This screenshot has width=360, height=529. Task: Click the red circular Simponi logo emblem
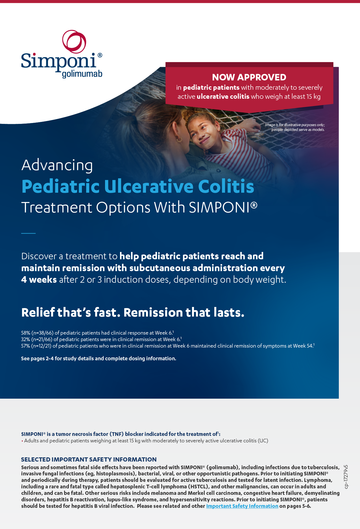(x=74, y=42)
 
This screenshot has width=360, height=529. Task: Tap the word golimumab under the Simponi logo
(x=82, y=74)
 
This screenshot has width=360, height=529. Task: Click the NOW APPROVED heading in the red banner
(x=249, y=77)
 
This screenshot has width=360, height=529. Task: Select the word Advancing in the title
(x=57, y=165)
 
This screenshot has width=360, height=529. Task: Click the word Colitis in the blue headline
(x=226, y=186)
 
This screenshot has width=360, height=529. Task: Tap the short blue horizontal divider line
(x=28, y=233)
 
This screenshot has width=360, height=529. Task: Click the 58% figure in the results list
(x=26, y=333)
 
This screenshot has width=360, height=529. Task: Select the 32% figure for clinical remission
(x=26, y=339)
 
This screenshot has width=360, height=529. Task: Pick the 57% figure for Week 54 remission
(x=26, y=346)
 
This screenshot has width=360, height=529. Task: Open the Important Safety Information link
(x=242, y=506)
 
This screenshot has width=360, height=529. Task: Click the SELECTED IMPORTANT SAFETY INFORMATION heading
(x=89, y=459)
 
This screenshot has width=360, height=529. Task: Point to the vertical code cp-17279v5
(x=346, y=477)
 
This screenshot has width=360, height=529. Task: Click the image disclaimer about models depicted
(x=295, y=127)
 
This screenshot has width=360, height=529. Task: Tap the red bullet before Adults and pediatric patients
(x=22, y=441)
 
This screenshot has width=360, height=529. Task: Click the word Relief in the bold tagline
(x=38, y=313)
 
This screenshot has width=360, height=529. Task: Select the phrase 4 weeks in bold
(x=39, y=280)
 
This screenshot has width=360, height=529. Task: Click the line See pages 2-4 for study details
(x=99, y=359)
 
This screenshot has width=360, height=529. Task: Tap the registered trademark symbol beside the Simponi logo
(x=100, y=55)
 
